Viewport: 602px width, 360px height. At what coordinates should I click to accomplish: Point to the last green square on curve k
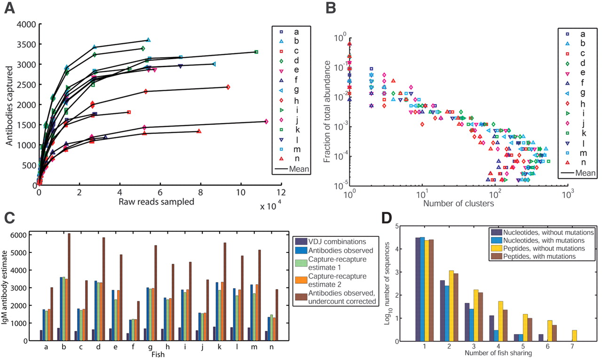(256, 52)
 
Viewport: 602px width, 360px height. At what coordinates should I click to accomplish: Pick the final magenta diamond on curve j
(266, 121)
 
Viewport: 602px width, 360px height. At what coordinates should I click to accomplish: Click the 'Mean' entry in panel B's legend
(583, 173)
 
